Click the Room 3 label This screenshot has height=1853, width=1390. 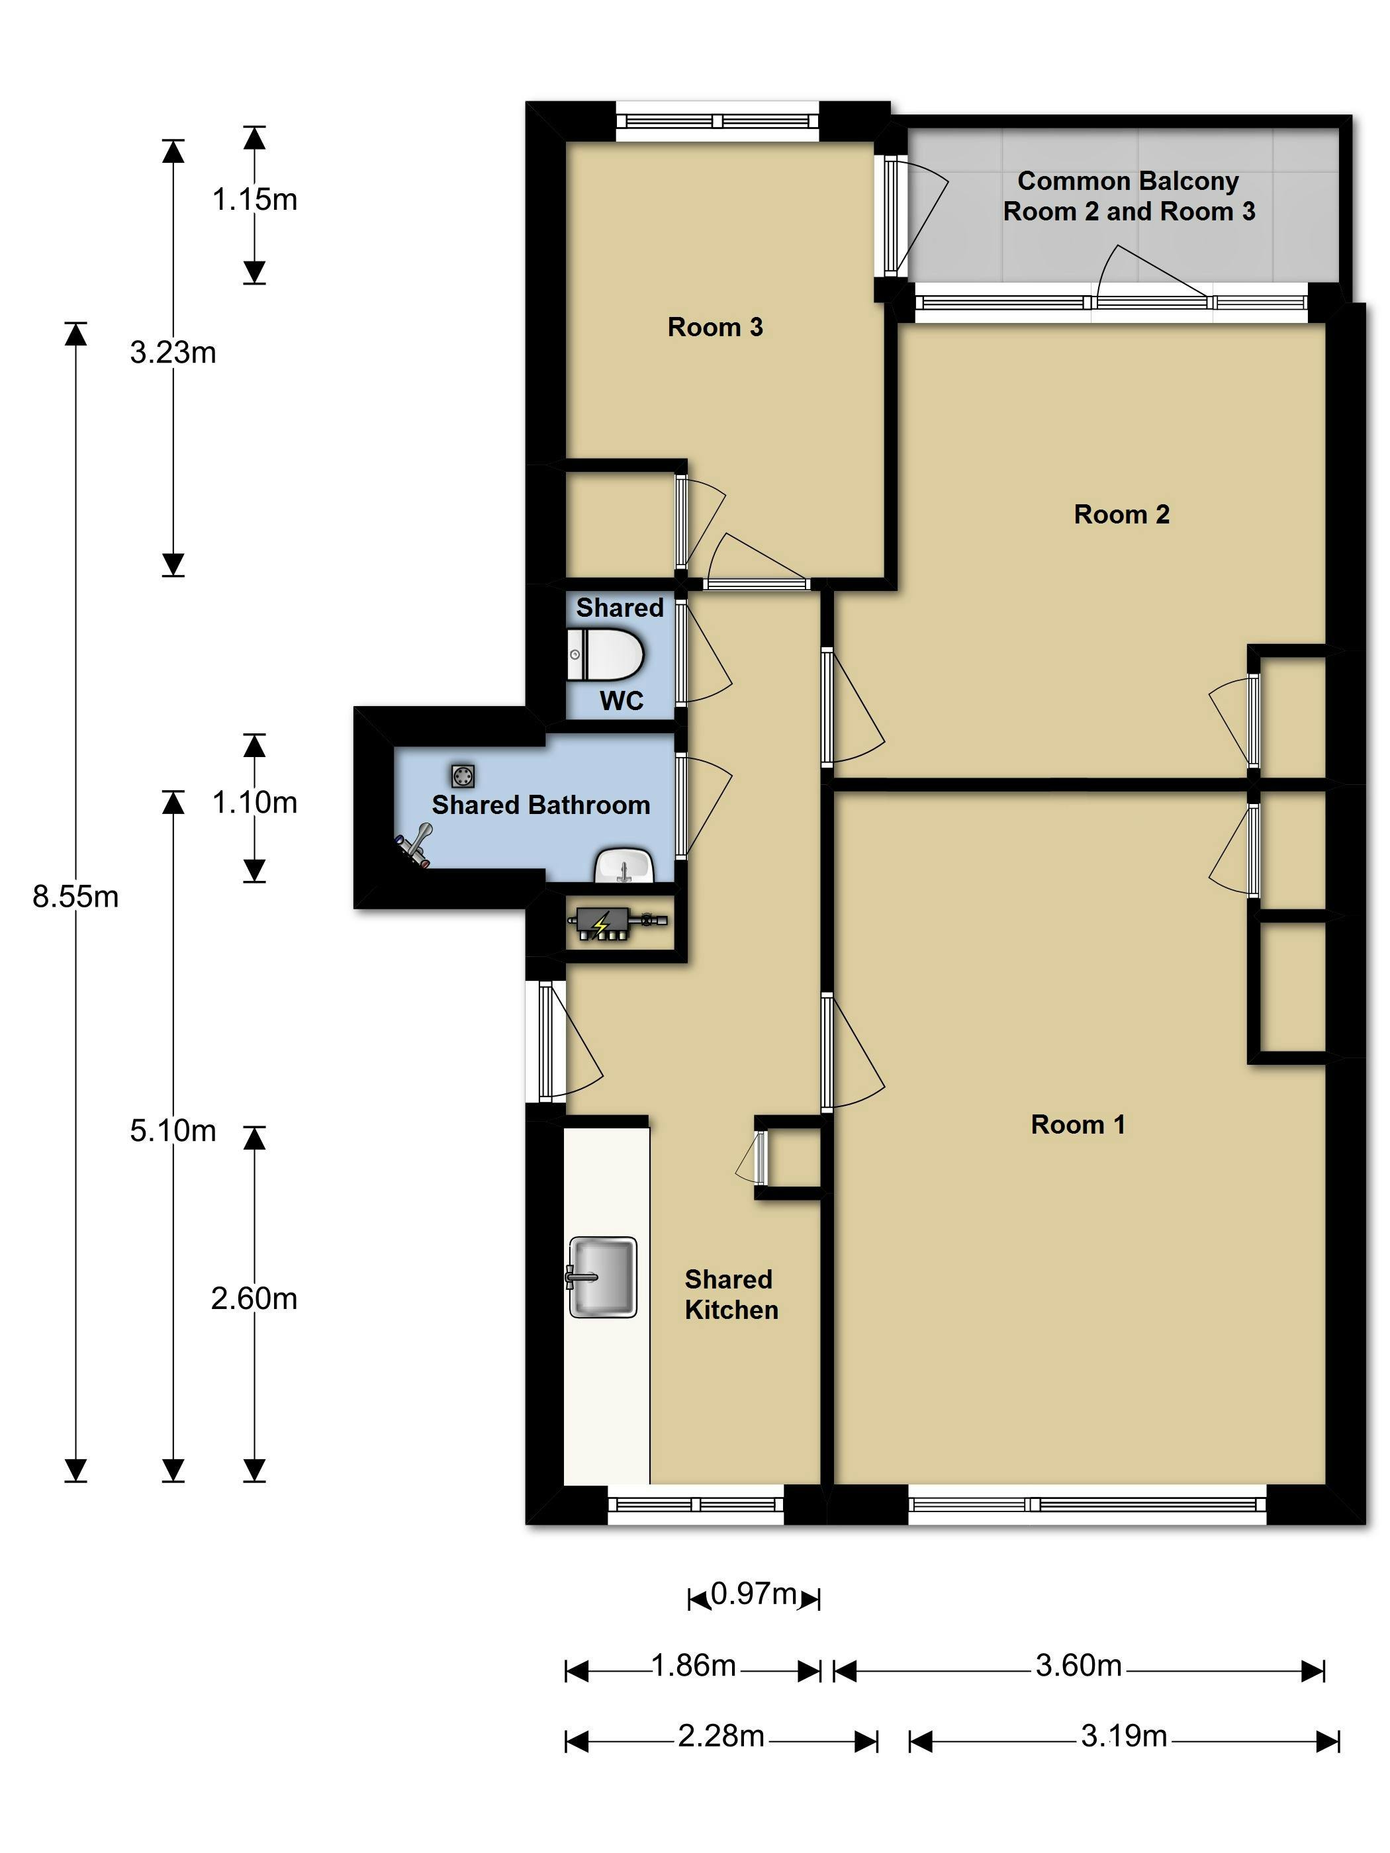pos(715,327)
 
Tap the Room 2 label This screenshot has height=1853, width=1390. pos(1121,514)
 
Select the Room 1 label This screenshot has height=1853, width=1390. pos(1078,1124)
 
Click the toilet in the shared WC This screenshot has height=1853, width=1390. pos(606,655)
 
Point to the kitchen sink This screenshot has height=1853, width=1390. pos(602,1277)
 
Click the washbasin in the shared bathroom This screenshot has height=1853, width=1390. pos(624,866)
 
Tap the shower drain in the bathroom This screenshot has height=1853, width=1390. pos(463,776)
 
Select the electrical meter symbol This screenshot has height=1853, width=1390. pos(602,924)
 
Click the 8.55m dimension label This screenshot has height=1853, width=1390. pos(75,897)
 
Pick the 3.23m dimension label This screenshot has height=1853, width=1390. pos(173,353)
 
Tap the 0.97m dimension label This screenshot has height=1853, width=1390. pos(753,1594)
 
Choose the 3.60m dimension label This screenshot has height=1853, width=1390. pos(1078,1665)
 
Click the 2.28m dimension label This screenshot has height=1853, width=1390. pos(721,1736)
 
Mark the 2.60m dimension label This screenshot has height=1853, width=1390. pos(254,1298)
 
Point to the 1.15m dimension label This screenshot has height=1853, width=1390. pos(254,199)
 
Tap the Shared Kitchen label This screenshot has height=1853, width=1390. pos(731,1294)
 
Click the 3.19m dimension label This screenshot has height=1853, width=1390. pos(1123,1736)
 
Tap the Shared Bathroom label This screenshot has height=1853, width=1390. pos(540,805)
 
